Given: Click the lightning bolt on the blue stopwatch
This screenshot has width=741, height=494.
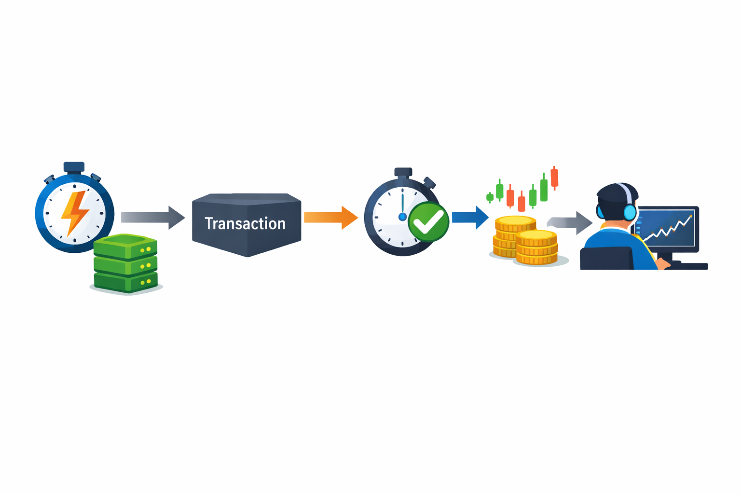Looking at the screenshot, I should (x=75, y=212).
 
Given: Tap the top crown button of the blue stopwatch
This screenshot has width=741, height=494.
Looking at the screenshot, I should (x=74, y=167).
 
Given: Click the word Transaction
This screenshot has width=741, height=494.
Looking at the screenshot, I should (x=245, y=223).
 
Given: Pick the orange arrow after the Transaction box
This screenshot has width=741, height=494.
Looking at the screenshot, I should (x=330, y=218).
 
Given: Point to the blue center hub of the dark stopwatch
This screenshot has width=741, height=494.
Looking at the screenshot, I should (x=402, y=217).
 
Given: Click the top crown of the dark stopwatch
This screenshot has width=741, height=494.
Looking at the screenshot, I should (x=403, y=172).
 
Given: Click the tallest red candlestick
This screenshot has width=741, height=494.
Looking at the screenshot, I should (x=554, y=178).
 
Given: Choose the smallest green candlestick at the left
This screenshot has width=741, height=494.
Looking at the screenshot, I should (x=490, y=197).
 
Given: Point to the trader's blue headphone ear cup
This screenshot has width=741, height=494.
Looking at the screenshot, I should (x=630, y=212).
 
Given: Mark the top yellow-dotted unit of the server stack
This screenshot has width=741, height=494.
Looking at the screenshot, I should (x=125, y=246).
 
